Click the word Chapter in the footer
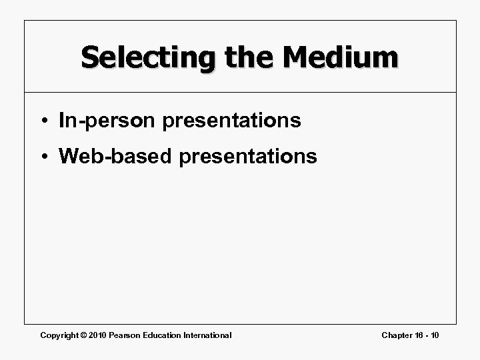tap(396, 335)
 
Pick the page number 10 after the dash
tap(435, 335)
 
